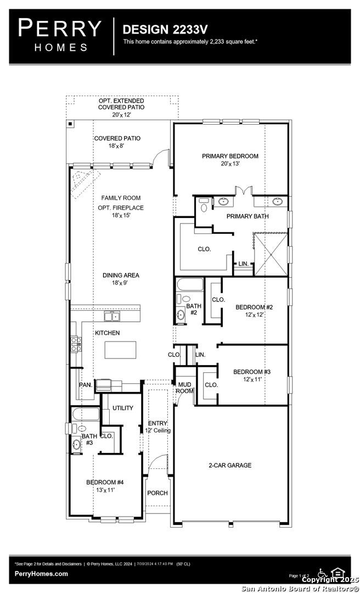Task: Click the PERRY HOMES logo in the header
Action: [x=60, y=35]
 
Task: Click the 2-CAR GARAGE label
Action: [x=230, y=465]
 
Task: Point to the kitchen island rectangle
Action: [x=121, y=350]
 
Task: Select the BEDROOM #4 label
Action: [x=105, y=483]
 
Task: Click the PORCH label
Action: [x=157, y=493]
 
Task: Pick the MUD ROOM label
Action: [x=184, y=388]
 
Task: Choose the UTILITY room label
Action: [x=123, y=409]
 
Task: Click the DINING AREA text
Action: [x=120, y=276]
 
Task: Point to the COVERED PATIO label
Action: [x=117, y=138]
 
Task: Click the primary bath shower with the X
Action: [x=270, y=253]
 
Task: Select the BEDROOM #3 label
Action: [x=252, y=372]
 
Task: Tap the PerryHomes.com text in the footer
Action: [x=41, y=574]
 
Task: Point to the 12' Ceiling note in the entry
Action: [x=158, y=430]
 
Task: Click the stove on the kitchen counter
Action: [x=76, y=344]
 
